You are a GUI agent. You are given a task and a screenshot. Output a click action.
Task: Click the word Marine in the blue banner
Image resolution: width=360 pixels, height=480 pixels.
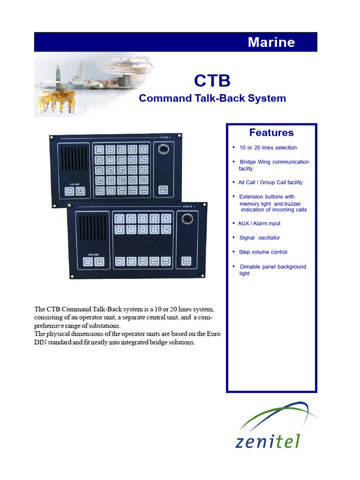[x=271, y=42]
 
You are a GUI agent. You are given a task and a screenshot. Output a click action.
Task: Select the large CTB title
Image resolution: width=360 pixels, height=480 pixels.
[x=212, y=81]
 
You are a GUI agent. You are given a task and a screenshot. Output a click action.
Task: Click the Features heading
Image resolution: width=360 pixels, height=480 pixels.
[x=271, y=132]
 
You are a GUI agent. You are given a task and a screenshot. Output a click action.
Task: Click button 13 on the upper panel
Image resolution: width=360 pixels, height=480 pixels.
[x=121, y=170]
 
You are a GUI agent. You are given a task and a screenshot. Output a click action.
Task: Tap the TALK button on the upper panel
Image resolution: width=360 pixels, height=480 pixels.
[x=163, y=190]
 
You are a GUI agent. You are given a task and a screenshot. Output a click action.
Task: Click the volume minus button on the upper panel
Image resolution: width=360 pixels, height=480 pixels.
[x=69, y=191]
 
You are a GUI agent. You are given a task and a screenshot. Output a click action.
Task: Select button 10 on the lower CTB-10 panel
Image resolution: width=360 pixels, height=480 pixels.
[x=165, y=229]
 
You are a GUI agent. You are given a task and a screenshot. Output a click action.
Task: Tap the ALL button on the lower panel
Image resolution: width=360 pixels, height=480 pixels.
[x=120, y=262]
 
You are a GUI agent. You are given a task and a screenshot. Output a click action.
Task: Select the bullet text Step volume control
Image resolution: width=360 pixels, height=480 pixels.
[x=263, y=252]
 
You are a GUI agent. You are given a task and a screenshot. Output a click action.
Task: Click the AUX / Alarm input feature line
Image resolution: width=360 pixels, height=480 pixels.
[x=259, y=224]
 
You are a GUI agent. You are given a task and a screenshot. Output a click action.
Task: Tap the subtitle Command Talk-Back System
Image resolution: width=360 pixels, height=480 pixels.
[x=212, y=98]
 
